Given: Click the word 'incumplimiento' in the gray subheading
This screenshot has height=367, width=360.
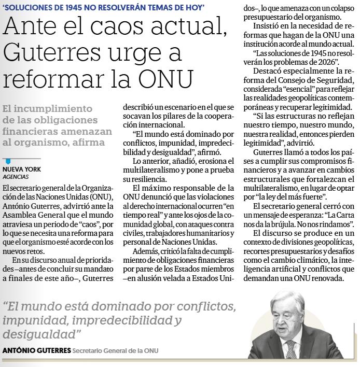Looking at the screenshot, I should [58, 108].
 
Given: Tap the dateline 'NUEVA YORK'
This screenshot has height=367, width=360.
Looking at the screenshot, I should [22, 170].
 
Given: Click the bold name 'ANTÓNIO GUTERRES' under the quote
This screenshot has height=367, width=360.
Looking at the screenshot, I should [36, 351].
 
